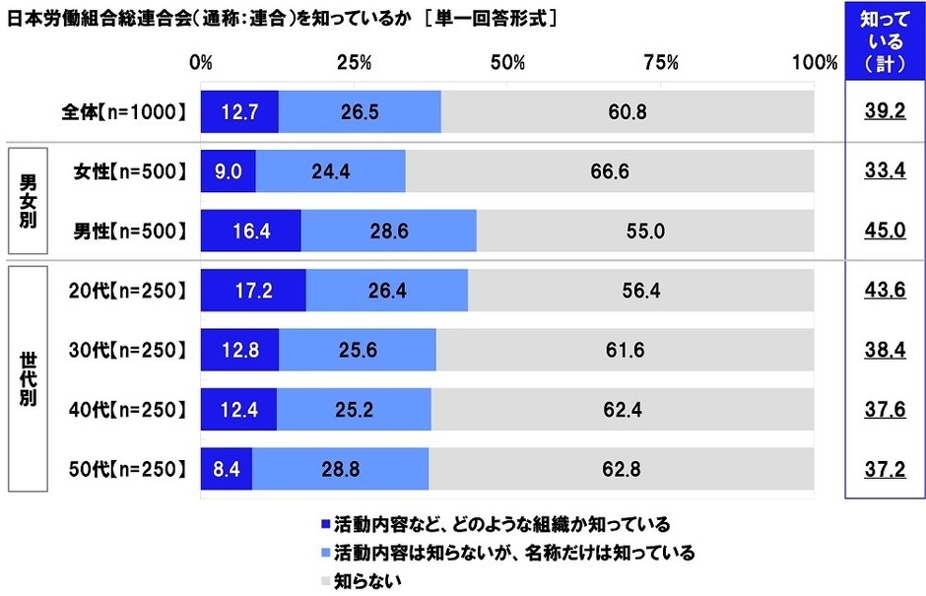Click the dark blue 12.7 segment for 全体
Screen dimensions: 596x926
pos(239,111)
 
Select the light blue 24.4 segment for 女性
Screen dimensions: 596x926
pos(330,171)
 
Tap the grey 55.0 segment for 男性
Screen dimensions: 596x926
pos(645,231)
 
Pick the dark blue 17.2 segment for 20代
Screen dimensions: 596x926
pos(253,290)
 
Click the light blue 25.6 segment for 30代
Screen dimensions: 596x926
pos(357,350)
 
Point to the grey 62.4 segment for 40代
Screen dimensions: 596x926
pos(623,409)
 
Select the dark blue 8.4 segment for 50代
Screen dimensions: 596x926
pos(227,469)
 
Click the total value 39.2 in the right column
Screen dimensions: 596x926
pos(884,112)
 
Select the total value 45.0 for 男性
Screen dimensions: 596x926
pos(884,231)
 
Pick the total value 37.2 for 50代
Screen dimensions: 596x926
pos(884,469)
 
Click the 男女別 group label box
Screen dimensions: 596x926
pos(28,201)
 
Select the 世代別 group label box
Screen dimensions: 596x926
pos(28,379)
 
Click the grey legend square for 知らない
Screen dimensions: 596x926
pos(326,581)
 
